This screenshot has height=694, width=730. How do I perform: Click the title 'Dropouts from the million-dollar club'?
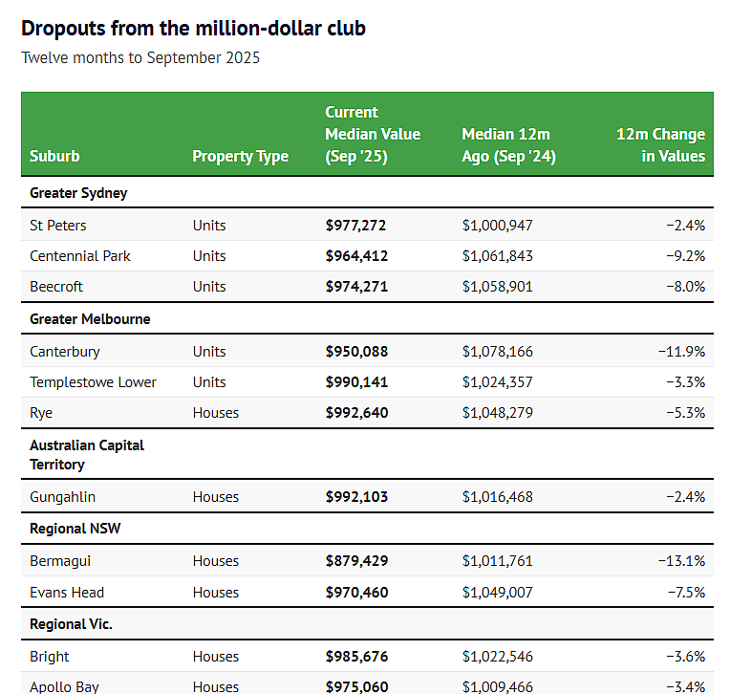coord(193,29)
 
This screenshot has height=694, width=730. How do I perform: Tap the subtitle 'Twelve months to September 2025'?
coord(140,57)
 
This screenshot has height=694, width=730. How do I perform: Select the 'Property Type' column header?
coord(240,156)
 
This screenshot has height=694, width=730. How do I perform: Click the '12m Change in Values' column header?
coord(660,145)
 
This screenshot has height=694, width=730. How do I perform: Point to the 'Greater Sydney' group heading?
coord(78,193)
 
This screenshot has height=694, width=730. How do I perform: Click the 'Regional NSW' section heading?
coord(75,529)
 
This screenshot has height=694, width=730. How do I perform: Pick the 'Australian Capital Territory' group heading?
coord(87,455)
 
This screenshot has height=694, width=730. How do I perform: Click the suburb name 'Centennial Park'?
coord(80,256)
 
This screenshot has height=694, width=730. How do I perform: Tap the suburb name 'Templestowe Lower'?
coord(93,382)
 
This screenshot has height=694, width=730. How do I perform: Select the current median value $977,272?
coord(355,226)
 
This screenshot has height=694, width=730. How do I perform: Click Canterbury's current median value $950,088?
coord(356,352)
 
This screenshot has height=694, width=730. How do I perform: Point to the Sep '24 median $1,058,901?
coord(497,287)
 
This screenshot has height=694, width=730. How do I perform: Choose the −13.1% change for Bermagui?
coord(681,561)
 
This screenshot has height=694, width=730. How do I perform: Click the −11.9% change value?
coord(681,352)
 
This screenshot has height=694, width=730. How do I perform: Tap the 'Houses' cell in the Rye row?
coord(216,413)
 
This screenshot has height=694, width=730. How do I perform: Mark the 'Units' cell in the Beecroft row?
coord(209,287)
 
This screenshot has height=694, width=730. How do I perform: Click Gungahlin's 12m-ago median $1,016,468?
coord(497,497)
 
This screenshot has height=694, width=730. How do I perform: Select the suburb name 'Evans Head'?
coord(67,593)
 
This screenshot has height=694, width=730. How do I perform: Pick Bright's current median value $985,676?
coord(356,657)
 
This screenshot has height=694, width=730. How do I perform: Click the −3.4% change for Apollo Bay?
coord(686,687)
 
